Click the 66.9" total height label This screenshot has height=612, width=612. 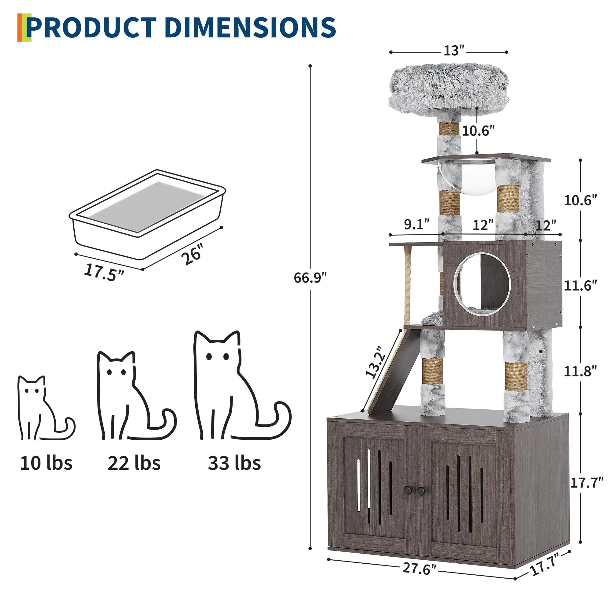[309, 278]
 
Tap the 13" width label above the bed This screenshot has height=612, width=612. [453, 51]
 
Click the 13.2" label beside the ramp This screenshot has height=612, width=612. [376, 362]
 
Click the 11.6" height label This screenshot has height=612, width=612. [580, 286]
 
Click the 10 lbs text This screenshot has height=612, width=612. [46, 463]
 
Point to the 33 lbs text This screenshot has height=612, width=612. [234, 463]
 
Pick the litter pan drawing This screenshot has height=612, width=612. [147, 211]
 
